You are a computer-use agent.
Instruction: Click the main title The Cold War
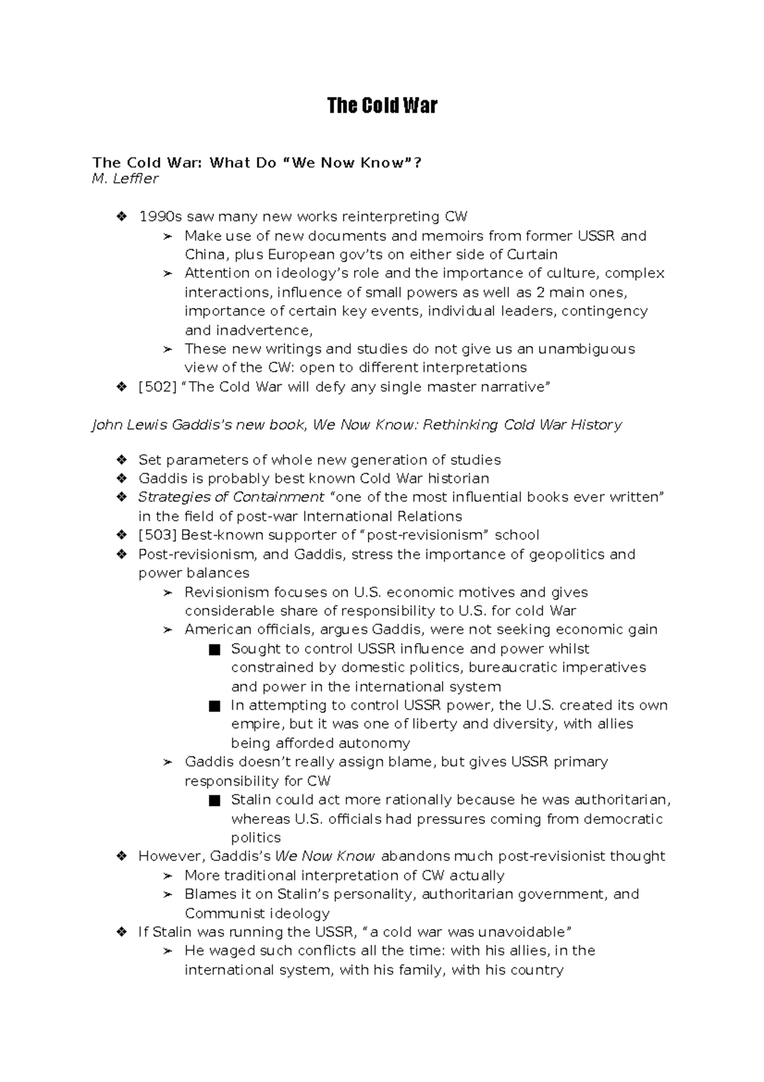[382, 105]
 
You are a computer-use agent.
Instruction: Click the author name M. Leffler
[125, 179]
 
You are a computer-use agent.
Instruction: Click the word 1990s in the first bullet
[160, 217]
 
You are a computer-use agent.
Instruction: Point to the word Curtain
[532, 255]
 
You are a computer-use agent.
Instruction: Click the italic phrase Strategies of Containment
[231, 497]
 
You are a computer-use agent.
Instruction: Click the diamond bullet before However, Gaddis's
[122, 856]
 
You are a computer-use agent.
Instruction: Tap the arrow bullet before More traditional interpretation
[167, 876]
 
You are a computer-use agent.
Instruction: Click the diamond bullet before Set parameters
[122, 460]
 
